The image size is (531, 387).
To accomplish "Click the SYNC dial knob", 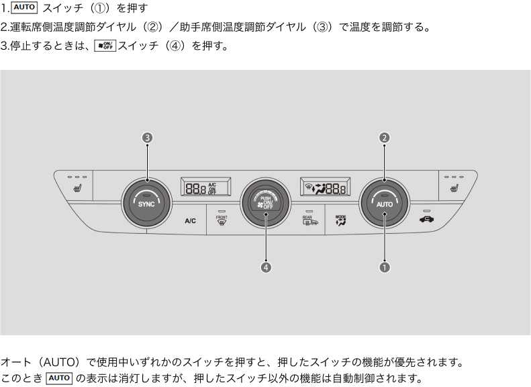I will click(146, 204).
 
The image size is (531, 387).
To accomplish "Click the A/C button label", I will click(191, 220).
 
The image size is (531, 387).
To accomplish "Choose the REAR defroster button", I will click(310, 221).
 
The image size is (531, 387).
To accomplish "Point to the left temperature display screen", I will click(205, 187).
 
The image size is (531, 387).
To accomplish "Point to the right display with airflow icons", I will click(326, 187).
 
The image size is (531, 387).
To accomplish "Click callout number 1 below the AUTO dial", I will click(385, 267).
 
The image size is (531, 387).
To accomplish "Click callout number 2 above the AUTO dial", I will click(385, 138).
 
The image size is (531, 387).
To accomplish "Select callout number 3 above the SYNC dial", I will click(147, 138).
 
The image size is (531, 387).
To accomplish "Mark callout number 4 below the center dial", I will click(266, 267).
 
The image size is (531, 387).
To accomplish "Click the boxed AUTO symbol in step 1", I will click(24, 8).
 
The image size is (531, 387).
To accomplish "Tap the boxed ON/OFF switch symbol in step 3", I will click(105, 46).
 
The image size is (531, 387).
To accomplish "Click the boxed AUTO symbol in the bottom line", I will click(60, 378).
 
